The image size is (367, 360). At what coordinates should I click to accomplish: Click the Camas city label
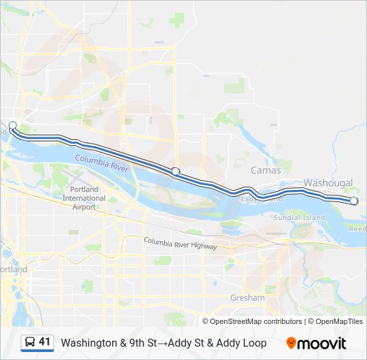(x=266, y=171)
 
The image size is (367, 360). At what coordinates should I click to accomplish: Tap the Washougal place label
(x=327, y=183)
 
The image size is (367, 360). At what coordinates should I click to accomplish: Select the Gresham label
(x=247, y=297)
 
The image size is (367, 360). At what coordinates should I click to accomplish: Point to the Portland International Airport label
(x=84, y=198)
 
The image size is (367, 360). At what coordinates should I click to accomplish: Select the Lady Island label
(x=258, y=199)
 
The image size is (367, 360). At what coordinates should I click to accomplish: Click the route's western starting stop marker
(x=13, y=125)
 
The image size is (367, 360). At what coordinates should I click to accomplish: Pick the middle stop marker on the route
(x=175, y=171)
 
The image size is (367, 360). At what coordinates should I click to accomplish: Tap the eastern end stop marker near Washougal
(x=354, y=201)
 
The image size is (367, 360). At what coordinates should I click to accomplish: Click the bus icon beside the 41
(x=30, y=343)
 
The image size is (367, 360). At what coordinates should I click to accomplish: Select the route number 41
(x=45, y=343)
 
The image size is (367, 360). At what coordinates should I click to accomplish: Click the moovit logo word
(x=322, y=343)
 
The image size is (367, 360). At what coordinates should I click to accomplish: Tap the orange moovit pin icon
(x=291, y=343)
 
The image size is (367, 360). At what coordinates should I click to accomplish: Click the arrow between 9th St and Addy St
(x=161, y=343)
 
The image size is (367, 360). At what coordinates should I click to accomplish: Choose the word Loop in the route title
(x=254, y=343)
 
